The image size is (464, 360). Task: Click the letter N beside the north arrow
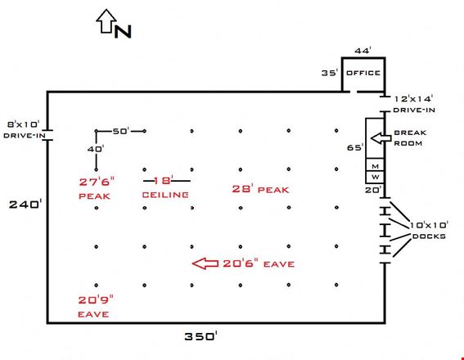click(x=123, y=31)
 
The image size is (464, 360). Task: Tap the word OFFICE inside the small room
click(x=363, y=73)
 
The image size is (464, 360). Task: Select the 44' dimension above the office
click(x=363, y=51)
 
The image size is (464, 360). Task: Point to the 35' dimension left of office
click(x=330, y=73)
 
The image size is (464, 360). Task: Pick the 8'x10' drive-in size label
click(x=24, y=124)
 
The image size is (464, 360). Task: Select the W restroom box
click(x=375, y=177)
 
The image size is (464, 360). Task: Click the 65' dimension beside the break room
click(x=355, y=147)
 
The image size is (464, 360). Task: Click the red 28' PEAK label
click(x=260, y=189)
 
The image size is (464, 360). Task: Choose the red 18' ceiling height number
click(x=163, y=180)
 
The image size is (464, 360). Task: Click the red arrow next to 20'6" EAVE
click(x=205, y=263)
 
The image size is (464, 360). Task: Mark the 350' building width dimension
click(x=201, y=336)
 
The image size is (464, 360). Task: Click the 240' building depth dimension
click(x=25, y=204)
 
